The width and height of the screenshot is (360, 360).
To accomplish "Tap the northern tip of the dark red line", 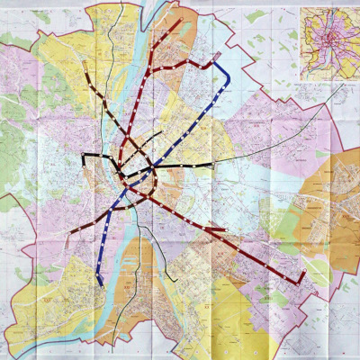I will [x=179, y=20].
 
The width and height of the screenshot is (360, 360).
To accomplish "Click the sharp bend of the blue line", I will [x=229, y=76].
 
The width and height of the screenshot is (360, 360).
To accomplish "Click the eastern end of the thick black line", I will [x=212, y=165].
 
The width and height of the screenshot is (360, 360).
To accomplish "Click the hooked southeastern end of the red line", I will [x=301, y=280].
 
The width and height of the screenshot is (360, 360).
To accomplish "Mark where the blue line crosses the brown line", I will [x=118, y=210].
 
